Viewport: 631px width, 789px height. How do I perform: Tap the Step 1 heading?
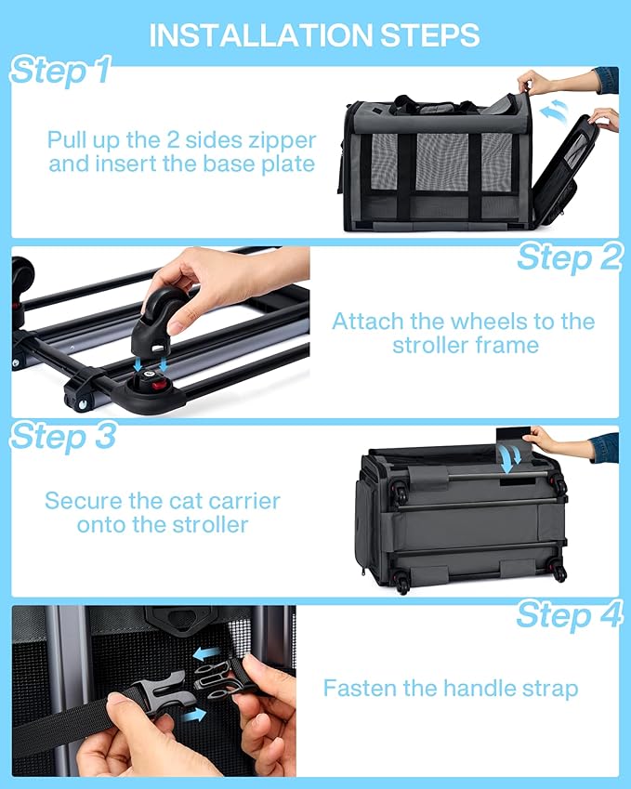pos(60,70)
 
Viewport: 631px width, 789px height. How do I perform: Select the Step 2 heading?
pos(570,257)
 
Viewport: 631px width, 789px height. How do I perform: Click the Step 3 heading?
pos(63,436)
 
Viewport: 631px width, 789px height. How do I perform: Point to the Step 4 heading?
pos(570,614)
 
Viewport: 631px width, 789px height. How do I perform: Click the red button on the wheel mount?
pos(160,386)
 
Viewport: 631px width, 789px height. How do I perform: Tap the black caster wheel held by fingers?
pos(160,325)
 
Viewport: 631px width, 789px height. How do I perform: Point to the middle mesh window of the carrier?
pos(441,162)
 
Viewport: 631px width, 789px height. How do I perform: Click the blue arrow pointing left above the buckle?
pos(207,653)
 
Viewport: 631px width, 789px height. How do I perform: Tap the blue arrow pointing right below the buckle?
pos(193,715)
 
